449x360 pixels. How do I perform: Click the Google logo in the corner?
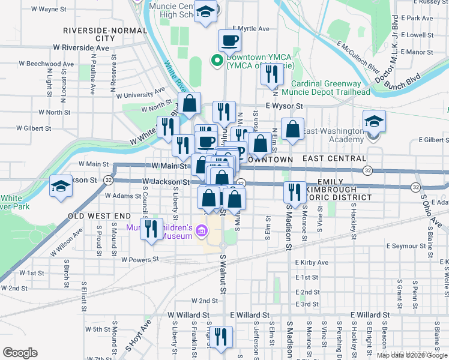(20, 353)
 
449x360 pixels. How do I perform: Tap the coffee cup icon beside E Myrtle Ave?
(230, 41)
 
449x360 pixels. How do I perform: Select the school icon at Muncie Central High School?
(206, 11)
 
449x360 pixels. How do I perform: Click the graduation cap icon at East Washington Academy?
(374, 122)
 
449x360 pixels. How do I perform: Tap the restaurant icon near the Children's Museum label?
(152, 228)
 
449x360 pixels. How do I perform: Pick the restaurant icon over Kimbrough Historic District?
(292, 191)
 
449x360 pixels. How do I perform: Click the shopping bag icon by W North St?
(189, 103)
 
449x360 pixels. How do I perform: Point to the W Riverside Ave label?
(81, 47)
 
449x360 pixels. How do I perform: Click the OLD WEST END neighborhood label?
(99, 215)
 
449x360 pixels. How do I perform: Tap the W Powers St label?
(139, 260)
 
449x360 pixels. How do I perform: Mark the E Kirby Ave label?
(312, 263)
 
